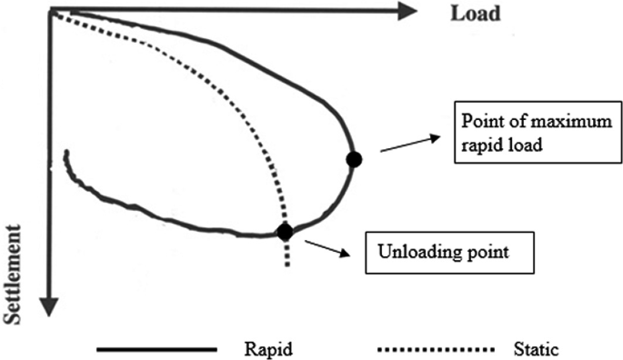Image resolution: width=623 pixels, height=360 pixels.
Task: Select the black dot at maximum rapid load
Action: click(355, 159)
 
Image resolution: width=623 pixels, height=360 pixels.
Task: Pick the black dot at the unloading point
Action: click(285, 232)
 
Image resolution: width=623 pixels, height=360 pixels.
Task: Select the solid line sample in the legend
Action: click(156, 347)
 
